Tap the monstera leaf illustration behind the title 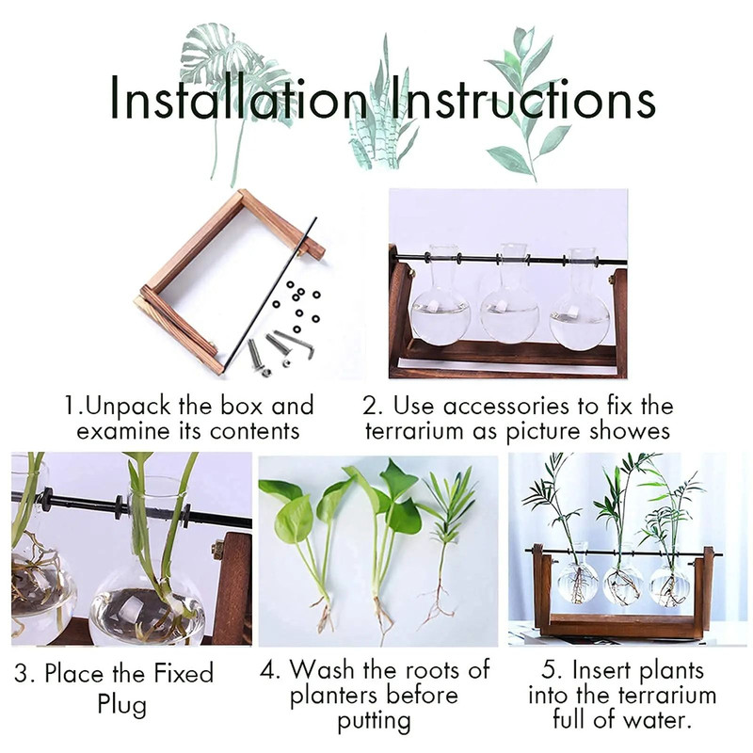[x=226, y=56]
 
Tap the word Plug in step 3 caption [x=122, y=704]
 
